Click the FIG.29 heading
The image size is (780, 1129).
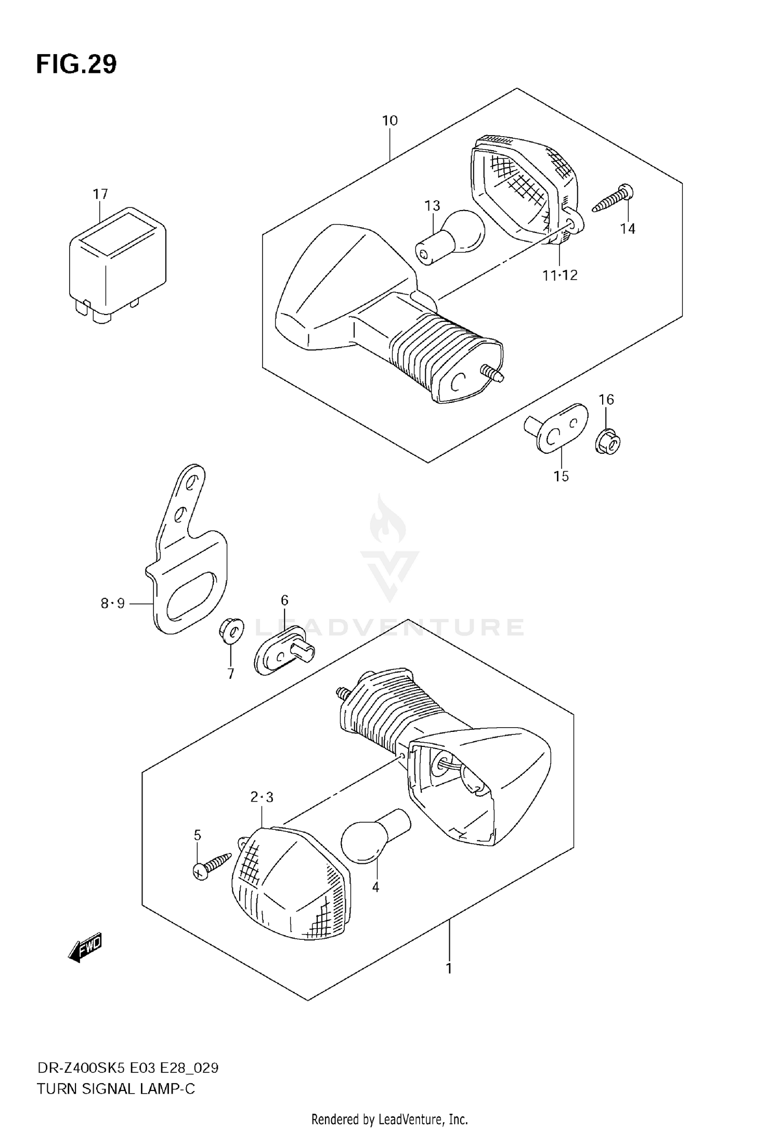pos(76,65)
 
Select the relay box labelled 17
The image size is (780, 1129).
pos(118,265)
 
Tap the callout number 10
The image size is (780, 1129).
pos(389,121)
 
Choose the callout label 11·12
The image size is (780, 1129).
pos(560,275)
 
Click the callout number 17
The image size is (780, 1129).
pos(100,194)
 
